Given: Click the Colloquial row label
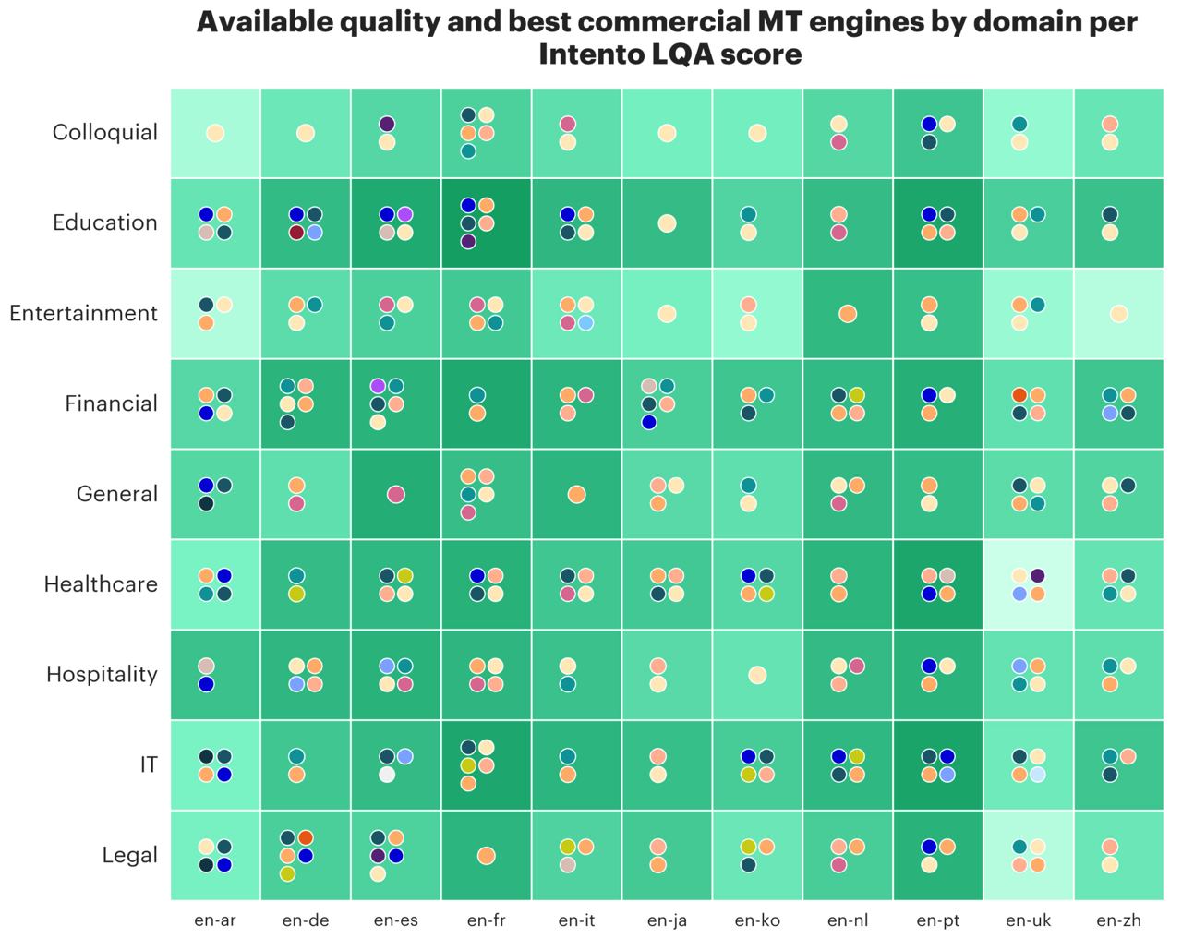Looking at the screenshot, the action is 105,132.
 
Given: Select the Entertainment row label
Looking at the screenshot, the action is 83,313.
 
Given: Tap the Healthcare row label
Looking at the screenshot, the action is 101,584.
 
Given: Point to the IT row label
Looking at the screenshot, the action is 149,764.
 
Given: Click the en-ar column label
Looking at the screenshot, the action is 215,920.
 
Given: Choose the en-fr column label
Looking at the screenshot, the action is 486,920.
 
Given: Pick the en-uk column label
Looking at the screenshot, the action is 1028,920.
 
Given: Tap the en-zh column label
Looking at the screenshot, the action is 1119,920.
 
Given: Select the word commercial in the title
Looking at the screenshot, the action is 663,22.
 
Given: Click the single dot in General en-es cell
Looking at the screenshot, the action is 396,494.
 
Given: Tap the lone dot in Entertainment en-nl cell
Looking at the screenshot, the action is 848,314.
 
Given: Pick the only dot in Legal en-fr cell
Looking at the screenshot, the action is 486,856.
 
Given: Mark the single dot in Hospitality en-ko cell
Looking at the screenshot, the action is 757,675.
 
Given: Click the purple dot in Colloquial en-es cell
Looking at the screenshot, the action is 387,124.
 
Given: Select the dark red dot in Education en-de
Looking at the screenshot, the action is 296,233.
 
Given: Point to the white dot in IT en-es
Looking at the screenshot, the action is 387,775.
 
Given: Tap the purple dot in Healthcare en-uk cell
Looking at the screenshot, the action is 1038,575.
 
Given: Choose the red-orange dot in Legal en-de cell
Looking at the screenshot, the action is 306,837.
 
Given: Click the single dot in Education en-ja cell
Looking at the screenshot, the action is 667,223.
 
